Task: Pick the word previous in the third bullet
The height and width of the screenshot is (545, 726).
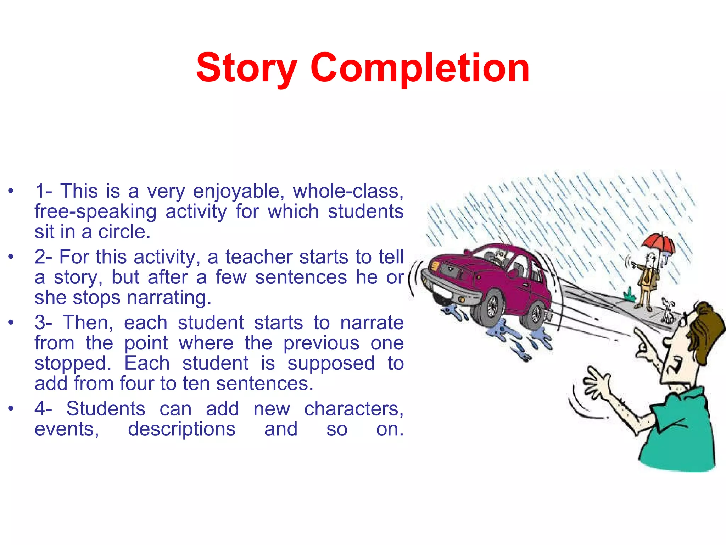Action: (321, 343)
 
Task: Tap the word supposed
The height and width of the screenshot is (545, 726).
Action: (331, 364)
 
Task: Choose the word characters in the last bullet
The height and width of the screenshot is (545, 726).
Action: (353, 409)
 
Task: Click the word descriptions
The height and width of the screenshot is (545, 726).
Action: (181, 429)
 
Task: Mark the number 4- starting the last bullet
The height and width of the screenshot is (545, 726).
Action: (43, 409)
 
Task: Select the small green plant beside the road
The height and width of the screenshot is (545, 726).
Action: (629, 295)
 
